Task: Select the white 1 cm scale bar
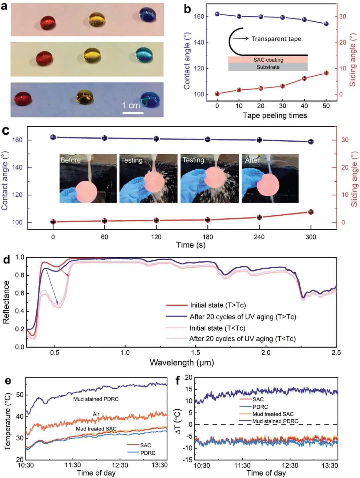133,113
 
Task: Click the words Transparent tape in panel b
276,39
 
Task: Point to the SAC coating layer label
268,60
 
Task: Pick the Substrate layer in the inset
268,67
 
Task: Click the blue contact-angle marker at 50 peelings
326,24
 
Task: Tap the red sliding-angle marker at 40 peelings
304,78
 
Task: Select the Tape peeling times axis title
275,116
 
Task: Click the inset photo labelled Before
88,178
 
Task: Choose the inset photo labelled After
270,178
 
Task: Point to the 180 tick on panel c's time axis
208,237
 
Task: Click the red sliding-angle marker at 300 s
311,212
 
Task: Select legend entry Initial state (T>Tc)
218,305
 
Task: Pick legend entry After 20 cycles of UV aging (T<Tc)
242,339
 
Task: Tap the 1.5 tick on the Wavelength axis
195,353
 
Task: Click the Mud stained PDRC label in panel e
96,399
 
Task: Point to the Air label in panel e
96,414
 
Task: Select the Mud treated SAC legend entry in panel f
273,414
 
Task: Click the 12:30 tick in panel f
290,465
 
